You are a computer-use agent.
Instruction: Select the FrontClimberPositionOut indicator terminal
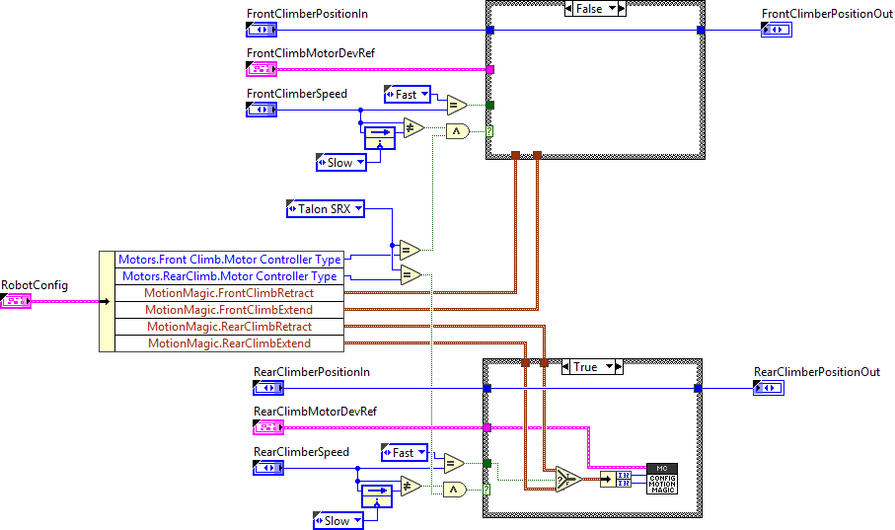776,31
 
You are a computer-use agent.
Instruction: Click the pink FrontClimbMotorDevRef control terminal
261,69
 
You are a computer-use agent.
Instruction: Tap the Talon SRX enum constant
325,208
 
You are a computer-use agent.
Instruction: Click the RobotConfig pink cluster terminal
17,300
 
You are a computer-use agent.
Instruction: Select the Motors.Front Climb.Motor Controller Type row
229,260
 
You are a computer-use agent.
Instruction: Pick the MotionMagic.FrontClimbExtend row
229,310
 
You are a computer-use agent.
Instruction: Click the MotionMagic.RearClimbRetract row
229,327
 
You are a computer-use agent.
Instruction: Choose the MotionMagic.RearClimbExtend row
229,343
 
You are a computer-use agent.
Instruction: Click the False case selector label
589,9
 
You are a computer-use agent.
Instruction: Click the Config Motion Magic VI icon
661,479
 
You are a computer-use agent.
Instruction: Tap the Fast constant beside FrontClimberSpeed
407,95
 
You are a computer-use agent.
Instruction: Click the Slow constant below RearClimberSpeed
337,521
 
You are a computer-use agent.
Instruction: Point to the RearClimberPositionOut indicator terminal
768,389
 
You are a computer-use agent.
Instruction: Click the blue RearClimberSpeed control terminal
268,469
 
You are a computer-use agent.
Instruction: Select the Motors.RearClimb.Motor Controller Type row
229,276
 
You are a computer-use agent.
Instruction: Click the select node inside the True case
568,480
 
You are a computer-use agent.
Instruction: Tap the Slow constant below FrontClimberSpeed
339,162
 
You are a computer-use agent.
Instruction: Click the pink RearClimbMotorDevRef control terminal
268,427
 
